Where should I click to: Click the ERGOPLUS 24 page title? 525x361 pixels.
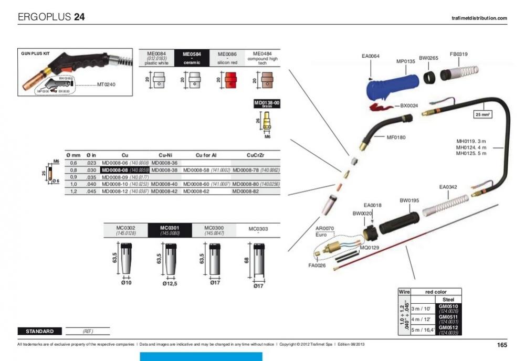(51, 17)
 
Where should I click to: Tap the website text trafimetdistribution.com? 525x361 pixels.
(479, 18)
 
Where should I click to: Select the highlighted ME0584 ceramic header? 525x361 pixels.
(192, 58)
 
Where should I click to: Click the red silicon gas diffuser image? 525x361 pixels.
(230, 82)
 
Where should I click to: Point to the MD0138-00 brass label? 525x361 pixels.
(267, 103)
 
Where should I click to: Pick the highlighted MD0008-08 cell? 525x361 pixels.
(125, 171)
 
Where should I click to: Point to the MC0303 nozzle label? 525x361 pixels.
(258, 229)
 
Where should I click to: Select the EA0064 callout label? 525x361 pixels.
(371, 56)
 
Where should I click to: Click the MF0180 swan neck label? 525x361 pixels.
(397, 137)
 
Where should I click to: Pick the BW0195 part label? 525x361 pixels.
(408, 200)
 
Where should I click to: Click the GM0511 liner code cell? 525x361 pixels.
(448, 319)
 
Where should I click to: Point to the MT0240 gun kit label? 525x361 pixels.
(106, 83)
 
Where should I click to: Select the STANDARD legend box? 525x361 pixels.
(39, 331)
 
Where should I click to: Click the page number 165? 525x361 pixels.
(501, 345)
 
